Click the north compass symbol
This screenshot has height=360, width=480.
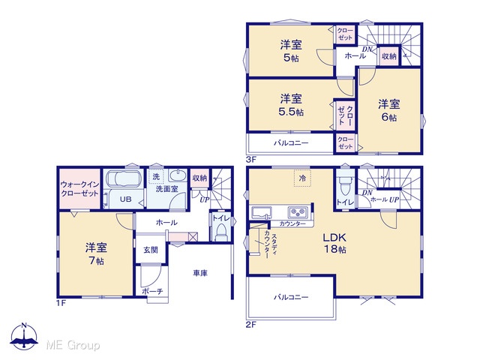(24, 336)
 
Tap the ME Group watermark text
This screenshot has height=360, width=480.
(73, 345)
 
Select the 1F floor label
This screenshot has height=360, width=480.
(61, 303)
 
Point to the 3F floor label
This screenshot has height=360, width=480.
(251, 159)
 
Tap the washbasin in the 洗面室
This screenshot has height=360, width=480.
(178, 175)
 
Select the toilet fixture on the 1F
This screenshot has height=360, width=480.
(220, 232)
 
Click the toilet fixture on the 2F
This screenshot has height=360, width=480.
(345, 185)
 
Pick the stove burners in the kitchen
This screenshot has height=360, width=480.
(298, 211)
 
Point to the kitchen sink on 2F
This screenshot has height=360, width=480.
(262, 212)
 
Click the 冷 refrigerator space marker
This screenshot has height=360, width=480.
(302, 178)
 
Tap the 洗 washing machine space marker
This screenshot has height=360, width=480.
(156, 177)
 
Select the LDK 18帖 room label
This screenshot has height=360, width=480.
(335, 243)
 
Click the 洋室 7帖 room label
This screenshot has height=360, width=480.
(97, 253)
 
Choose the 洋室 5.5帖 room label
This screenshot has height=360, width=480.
(291, 105)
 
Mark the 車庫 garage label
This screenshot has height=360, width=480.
(200, 273)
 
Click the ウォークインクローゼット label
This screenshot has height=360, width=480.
(79, 189)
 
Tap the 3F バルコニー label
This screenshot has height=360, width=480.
(291, 143)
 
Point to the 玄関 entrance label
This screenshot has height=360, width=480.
(151, 250)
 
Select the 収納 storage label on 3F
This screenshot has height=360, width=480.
(389, 56)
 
